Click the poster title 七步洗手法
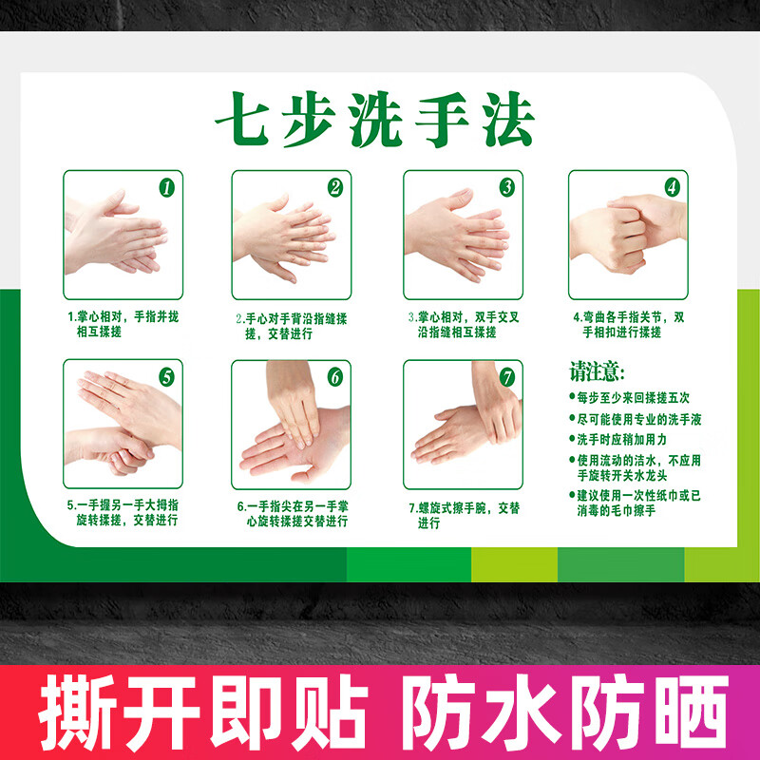373,121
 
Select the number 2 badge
334,187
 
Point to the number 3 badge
507,187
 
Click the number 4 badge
672,187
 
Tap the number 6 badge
334,376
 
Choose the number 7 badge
507,376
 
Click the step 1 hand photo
112,234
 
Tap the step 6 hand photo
291,422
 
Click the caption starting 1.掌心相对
122,324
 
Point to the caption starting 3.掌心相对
463,324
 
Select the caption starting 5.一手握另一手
122,513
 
